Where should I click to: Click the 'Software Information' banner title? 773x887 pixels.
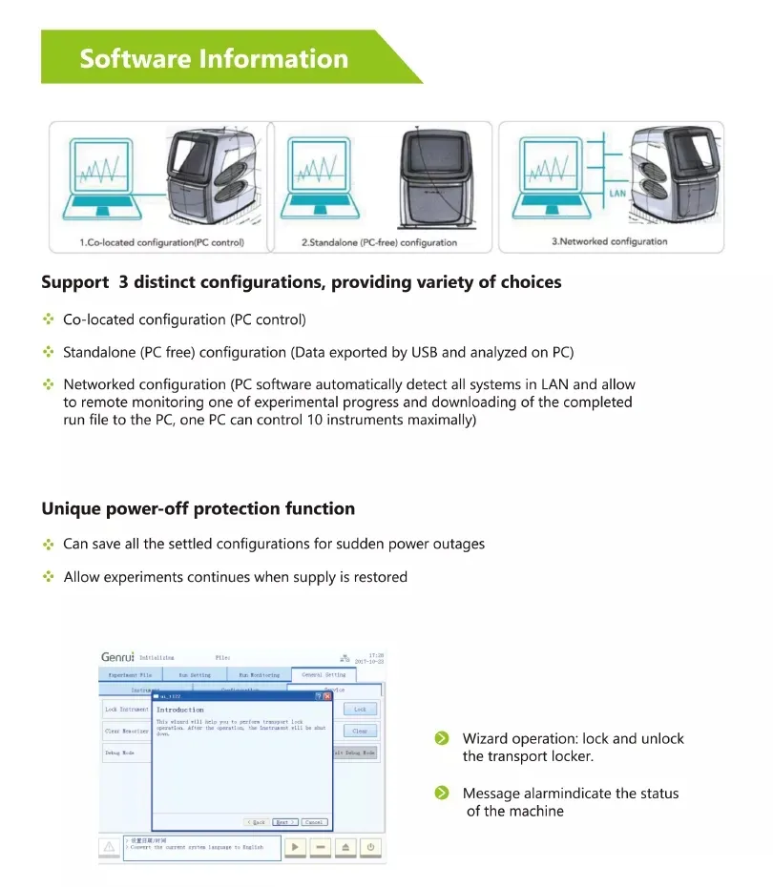(x=214, y=58)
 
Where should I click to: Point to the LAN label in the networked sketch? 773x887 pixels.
(x=617, y=194)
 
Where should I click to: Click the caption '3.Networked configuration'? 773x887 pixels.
(x=609, y=241)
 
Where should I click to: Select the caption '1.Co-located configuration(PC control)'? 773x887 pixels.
(x=161, y=242)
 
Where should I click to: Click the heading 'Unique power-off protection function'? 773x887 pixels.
(x=198, y=508)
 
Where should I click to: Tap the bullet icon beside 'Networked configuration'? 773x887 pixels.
(x=48, y=384)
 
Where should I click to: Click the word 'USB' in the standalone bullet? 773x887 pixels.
(x=424, y=352)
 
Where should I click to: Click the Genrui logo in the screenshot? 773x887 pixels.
(x=117, y=657)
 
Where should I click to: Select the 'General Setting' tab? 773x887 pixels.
(x=324, y=674)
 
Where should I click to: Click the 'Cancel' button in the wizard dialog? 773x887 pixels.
(x=313, y=821)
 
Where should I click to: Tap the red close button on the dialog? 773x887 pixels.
(x=327, y=697)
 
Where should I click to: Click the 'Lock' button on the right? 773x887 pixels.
(x=360, y=710)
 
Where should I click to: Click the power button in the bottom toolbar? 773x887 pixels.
(x=369, y=847)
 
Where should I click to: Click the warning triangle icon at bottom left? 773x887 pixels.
(x=110, y=847)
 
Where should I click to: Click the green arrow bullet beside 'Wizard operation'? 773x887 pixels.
(x=441, y=738)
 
